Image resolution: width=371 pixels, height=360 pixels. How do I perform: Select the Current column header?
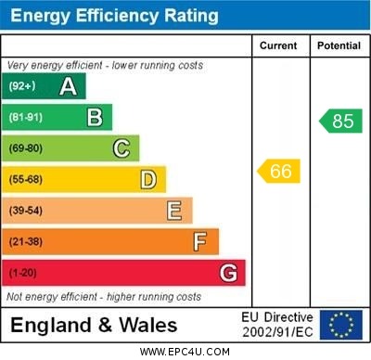[278, 45]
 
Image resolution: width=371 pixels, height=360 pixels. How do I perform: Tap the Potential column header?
[339, 45]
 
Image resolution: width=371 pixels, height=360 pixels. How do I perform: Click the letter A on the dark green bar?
[68, 86]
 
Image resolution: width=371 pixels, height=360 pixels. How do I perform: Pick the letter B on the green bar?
[95, 117]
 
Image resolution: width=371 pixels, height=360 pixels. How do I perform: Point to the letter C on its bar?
[122, 148]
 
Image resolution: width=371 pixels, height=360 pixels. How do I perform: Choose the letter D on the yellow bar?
[148, 179]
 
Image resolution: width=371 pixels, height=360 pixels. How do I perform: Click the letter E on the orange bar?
[174, 211]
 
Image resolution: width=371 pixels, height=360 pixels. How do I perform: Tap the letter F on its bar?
[200, 242]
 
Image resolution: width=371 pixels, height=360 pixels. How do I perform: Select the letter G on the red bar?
[228, 273]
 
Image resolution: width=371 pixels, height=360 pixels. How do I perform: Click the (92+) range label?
[23, 87]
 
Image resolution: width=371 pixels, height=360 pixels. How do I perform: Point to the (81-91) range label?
[27, 118]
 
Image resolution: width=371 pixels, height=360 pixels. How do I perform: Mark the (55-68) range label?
[27, 180]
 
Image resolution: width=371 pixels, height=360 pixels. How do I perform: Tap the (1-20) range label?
[24, 274]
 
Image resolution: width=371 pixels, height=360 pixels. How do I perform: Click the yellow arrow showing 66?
[278, 171]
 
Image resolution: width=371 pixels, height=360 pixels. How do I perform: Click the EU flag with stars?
[341, 325]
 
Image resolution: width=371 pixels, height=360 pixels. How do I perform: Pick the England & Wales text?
[94, 326]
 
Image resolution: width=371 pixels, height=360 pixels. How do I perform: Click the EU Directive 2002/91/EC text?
[277, 325]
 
